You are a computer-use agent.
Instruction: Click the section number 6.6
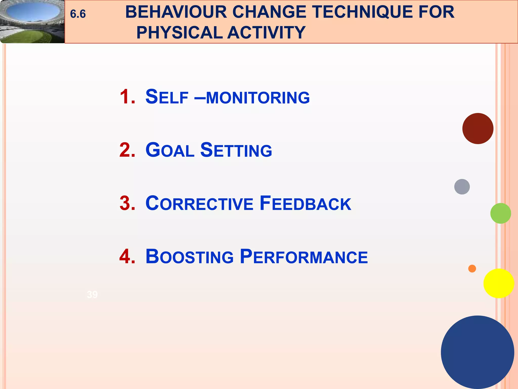point(78,14)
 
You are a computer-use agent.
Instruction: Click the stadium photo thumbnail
point(32,22)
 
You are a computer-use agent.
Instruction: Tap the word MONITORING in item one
point(258,98)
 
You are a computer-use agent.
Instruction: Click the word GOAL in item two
point(170,150)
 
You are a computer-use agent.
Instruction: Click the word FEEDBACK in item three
point(305,203)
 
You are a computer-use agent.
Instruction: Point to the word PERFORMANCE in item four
point(304,257)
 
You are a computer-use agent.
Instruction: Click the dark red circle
point(478,128)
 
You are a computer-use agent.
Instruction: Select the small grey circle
point(462,187)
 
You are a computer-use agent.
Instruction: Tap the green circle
point(500,213)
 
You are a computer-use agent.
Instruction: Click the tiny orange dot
point(472,268)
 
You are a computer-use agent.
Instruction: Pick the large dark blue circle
point(477,352)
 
